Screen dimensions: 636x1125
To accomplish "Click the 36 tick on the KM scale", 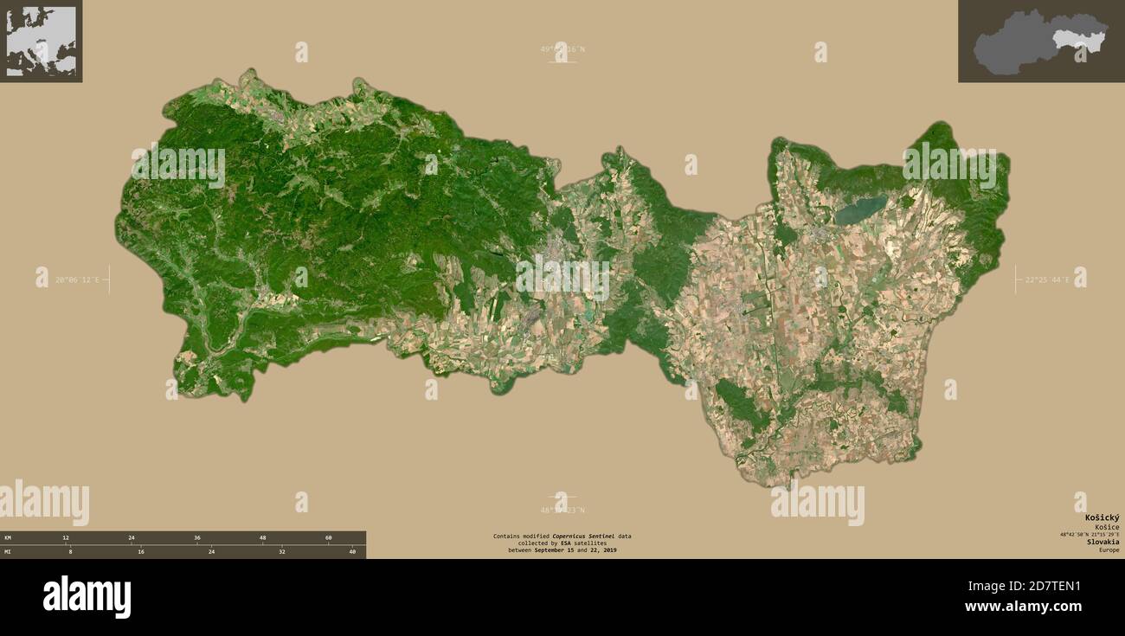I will point(197,538).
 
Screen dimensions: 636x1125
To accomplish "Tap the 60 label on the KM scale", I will point(329,538).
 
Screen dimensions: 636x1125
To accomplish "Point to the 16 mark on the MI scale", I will point(141,551).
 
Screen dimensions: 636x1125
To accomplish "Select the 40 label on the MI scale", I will point(352,551).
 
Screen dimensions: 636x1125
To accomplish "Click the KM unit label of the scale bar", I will point(8,538).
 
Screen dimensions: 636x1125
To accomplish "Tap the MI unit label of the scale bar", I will point(8,551).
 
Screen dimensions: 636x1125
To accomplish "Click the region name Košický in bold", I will point(1102,517).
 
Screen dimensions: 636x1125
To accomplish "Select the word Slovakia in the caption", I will point(1102,542).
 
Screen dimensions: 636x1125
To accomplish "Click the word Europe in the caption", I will point(1109,550).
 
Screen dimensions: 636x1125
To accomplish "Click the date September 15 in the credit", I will point(555,550).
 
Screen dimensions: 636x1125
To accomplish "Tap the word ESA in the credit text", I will point(566,543).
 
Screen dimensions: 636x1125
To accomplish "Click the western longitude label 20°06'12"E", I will point(77,279).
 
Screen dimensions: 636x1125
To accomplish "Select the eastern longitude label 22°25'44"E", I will point(1047,279).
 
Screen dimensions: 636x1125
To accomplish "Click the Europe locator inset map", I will point(41,41).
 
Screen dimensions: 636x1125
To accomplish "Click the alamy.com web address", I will point(1023,607).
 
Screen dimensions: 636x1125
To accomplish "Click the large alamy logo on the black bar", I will point(87,597).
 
